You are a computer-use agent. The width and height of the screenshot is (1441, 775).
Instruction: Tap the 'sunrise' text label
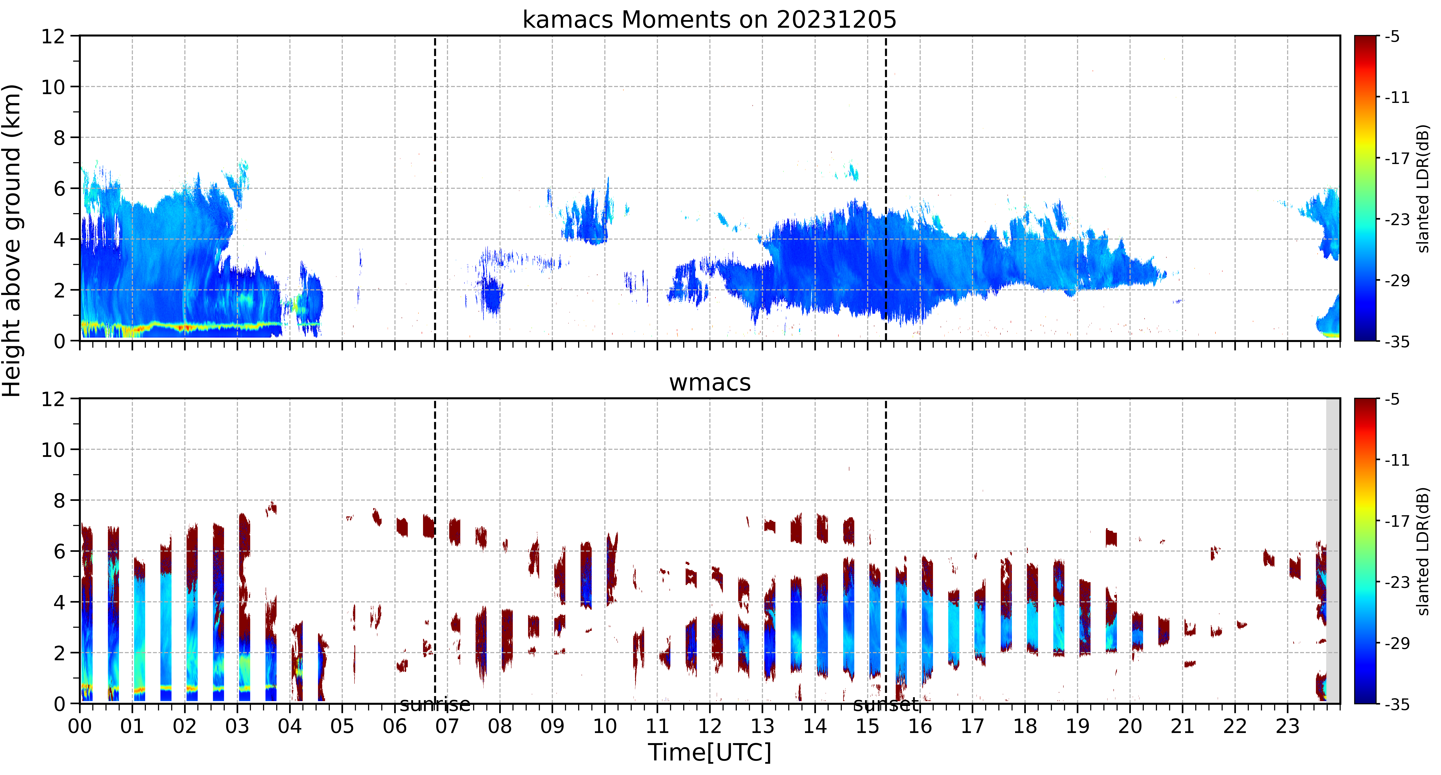435,705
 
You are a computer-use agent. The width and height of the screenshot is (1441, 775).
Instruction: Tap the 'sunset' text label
886,705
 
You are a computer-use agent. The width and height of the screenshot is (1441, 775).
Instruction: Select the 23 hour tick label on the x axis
1287,726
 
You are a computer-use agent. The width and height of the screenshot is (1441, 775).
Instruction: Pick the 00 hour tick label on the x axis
80,726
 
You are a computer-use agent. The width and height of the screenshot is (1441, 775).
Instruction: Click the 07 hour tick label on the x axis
447,726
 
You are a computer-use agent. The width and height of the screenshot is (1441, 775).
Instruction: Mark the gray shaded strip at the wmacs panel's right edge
1333,551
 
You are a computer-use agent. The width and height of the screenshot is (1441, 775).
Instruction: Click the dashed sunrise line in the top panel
435,188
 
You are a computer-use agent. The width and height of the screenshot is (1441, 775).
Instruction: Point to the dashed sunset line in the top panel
886,188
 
